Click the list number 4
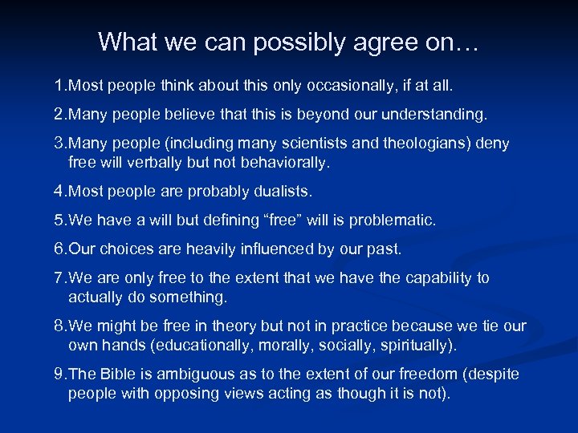(x=59, y=192)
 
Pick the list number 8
(x=59, y=326)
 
